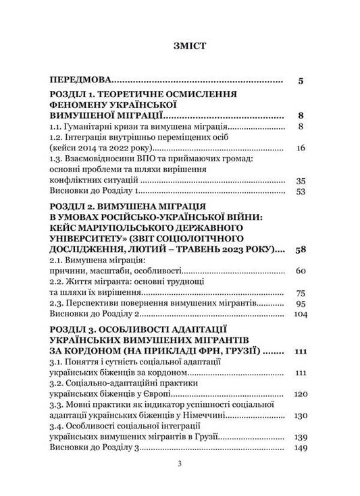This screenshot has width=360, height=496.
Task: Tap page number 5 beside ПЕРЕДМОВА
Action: coord(301,81)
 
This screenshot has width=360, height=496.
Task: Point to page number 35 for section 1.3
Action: coord(301,181)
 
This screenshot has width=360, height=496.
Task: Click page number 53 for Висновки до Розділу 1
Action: coord(301,192)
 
